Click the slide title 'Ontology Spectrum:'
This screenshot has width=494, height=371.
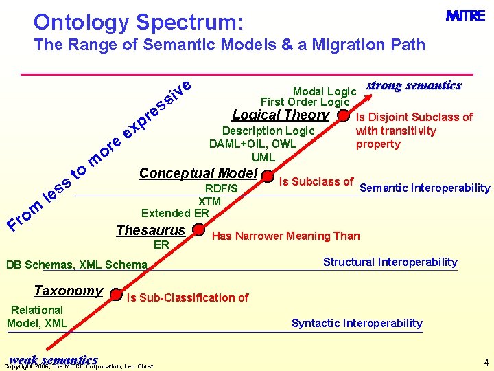[x=138, y=22]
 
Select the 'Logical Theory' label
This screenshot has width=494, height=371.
[x=281, y=115]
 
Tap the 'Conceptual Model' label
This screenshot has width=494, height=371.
[x=198, y=173]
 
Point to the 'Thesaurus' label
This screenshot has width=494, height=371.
[x=151, y=230]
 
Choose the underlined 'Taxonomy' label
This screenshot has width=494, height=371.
[x=68, y=291]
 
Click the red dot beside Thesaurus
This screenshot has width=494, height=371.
[x=199, y=230]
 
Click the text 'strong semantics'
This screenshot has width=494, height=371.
[x=414, y=85]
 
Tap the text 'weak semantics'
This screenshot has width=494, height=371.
[x=54, y=359]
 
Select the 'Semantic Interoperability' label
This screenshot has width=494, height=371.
[x=425, y=188]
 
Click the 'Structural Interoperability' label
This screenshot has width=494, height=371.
[x=390, y=262]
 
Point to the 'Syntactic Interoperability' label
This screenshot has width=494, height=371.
[x=357, y=323]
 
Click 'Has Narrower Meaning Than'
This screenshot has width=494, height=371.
[x=285, y=236]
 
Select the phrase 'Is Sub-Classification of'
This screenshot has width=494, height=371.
[x=187, y=297]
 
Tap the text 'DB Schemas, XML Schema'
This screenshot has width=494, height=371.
[x=76, y=265]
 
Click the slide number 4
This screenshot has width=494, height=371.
[x=486, y=361]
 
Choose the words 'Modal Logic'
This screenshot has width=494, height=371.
[x=325, y=91]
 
